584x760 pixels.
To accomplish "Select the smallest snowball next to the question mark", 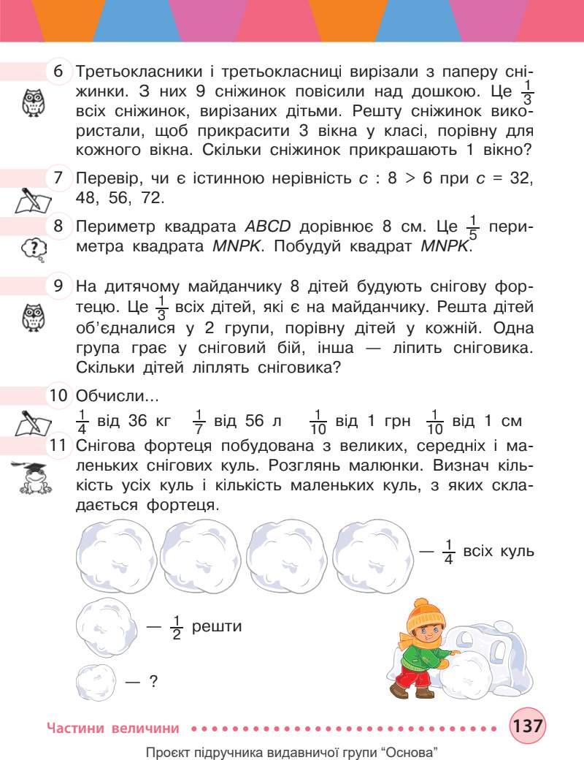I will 96,683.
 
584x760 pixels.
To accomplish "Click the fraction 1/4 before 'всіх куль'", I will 450,550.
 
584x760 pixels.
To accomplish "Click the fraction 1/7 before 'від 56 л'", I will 199,422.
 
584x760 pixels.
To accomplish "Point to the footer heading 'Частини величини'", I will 112,728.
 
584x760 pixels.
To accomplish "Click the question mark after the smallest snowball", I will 153,683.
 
